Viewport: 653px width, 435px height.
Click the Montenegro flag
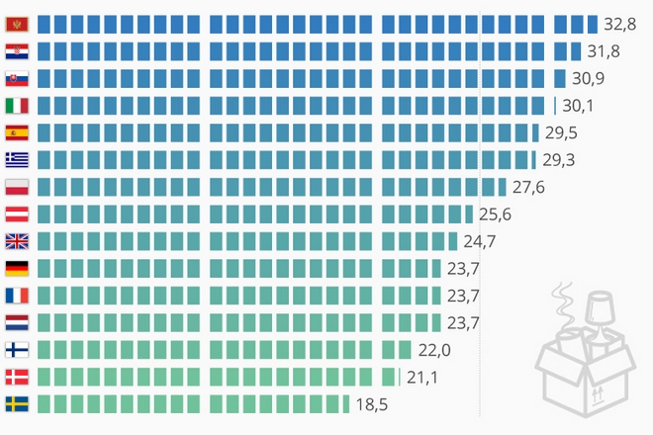17,24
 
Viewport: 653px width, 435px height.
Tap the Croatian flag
17,51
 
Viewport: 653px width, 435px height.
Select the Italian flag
17,106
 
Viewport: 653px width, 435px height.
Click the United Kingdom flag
17,241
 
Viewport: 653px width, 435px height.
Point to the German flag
17,268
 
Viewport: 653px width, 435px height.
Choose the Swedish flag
17,403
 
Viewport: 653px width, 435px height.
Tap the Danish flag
17,377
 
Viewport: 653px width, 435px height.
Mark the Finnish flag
17,349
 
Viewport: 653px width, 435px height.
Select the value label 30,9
586,78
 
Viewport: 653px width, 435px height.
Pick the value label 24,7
478,241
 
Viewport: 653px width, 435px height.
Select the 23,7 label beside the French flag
463,296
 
